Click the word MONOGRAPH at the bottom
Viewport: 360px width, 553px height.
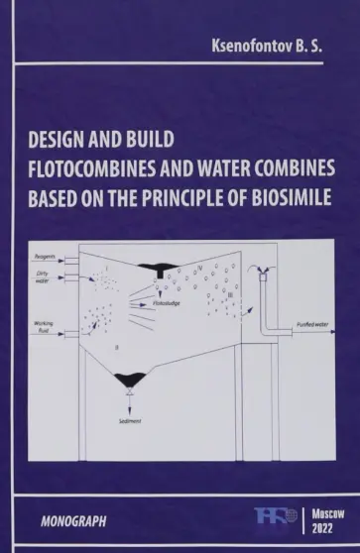click(x=73, y=519)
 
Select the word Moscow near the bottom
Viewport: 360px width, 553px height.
click(x=324, y=510)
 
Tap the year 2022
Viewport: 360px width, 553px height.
click(x=324, y=527)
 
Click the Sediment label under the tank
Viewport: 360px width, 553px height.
click(x=131, y=421)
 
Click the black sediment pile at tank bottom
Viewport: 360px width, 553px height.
click(x=131, y=378)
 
